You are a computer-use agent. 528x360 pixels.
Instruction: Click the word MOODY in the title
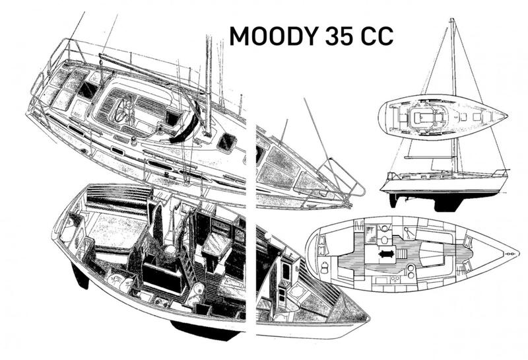pos(274,36)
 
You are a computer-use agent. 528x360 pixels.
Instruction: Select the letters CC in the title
pos(377,36)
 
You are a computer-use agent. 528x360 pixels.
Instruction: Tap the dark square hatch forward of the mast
pos(226,142)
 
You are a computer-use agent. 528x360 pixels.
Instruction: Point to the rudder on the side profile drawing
pos(393,200)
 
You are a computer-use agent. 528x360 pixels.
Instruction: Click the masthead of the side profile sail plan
pos(452,20)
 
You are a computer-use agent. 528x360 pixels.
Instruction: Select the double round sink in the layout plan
pos(411,271)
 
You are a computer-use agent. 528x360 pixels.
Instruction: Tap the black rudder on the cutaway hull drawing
pos(80,275)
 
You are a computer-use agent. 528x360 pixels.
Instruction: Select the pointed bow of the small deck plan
pos(506,116)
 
